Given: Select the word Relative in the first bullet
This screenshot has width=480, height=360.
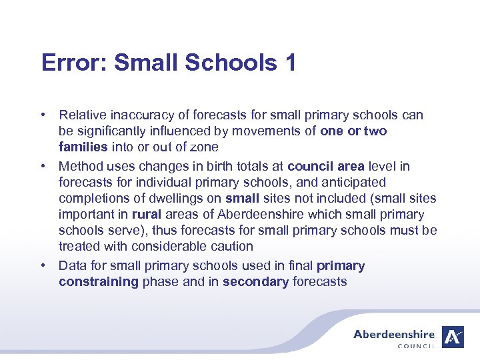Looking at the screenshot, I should (81, 115).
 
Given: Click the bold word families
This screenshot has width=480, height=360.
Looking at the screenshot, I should (83, 147).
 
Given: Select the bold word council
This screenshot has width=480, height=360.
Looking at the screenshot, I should (309, 166).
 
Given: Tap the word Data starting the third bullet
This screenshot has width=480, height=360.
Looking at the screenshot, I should (72, 265).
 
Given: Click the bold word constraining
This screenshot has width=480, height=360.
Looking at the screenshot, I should (98, 281).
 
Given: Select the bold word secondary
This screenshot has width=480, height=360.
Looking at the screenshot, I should (255, 281).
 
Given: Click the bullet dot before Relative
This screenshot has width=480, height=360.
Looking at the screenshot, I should (43, 115).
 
